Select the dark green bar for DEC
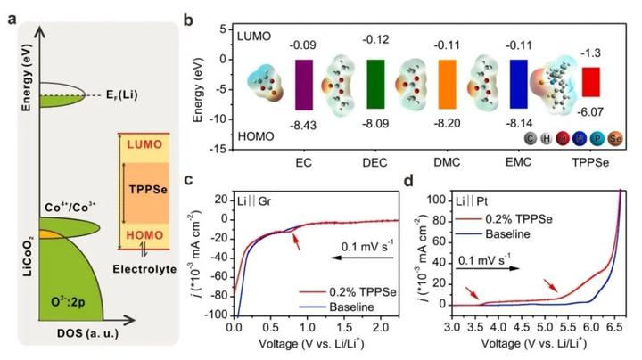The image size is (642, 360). coord(375,84)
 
